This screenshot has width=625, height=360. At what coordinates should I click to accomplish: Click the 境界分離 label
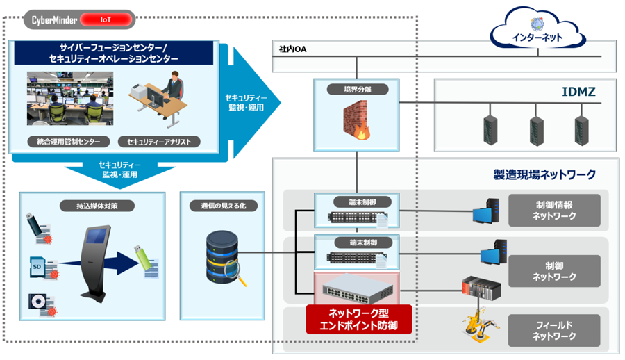coord(356,89)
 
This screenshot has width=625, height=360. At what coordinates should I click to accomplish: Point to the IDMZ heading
coord(578,91)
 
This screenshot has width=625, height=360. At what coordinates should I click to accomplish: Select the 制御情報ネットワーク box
coord(555,211)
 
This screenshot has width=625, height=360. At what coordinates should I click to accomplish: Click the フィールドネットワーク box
coord(555,331)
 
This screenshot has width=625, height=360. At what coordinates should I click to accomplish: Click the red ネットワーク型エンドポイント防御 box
coord(359,319)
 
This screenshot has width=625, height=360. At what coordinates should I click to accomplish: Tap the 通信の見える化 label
coord(224,206)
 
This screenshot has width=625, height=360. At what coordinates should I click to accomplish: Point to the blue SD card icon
coord(37,266)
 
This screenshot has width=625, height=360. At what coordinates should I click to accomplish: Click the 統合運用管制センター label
coord(64,142)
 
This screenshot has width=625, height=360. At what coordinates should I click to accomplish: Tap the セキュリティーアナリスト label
coord(159,142)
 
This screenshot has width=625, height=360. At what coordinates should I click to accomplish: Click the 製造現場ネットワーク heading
coord(544,174)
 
